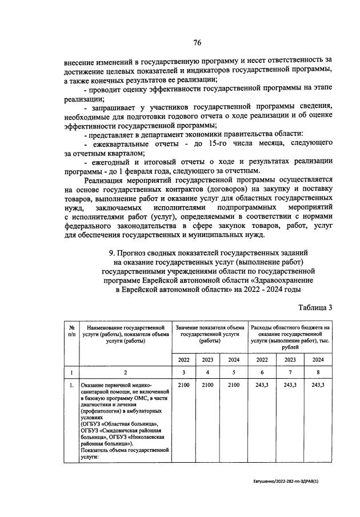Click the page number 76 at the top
[x=197, y=43]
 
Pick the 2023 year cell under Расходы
[x=290, y=359]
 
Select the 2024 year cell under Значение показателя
[x=234, y=359]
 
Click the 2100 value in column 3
[x=183, y=386]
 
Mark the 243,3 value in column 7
[x=290, y=386]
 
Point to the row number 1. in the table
[x=71, y=386]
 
